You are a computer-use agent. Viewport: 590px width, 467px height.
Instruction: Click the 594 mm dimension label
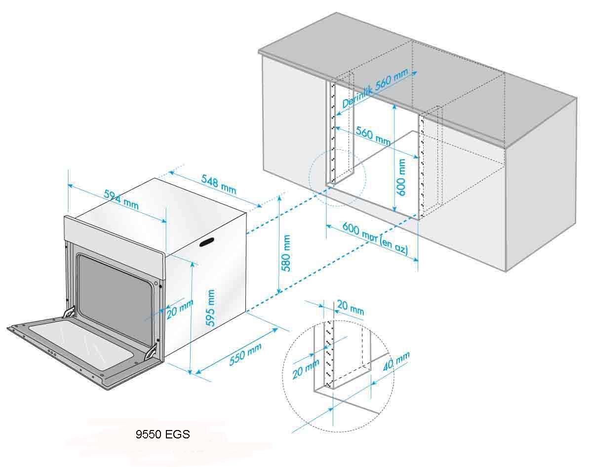tap(121, 198)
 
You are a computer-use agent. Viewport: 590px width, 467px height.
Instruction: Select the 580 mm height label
tap(285, 253)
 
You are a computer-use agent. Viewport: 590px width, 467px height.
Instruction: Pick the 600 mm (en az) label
tap(375, 240)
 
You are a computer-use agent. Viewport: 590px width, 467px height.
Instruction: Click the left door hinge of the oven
tap(69, 313)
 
